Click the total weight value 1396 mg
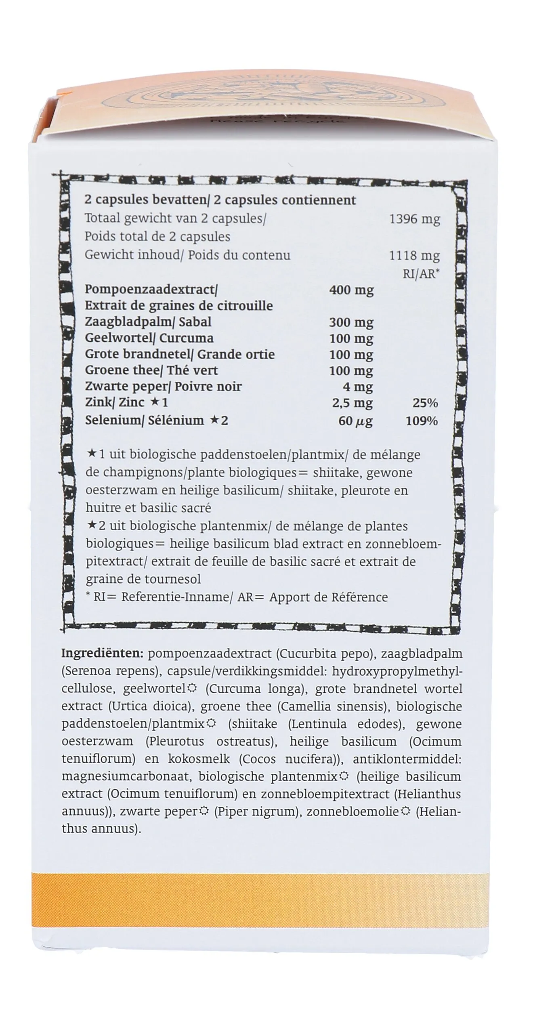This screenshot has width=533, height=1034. point(414,219)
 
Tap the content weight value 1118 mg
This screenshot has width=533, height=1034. point(414,256)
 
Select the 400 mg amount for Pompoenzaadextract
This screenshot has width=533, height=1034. point(351,290)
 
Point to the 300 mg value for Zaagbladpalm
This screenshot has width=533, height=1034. point(351,322)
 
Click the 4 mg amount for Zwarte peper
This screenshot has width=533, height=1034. point(357,387)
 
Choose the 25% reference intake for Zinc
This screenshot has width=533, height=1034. point(425,403)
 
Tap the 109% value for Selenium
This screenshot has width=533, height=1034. point(422,421)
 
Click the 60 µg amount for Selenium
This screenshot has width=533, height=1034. point(355,421)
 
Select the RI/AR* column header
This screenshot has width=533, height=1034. point(421,274)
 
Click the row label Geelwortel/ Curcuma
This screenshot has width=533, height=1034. point(149,338)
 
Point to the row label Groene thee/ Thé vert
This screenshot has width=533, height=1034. point(151,370)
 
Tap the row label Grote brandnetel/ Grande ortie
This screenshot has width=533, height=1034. point(179,354)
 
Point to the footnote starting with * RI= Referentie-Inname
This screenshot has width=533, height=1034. point(237,597)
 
